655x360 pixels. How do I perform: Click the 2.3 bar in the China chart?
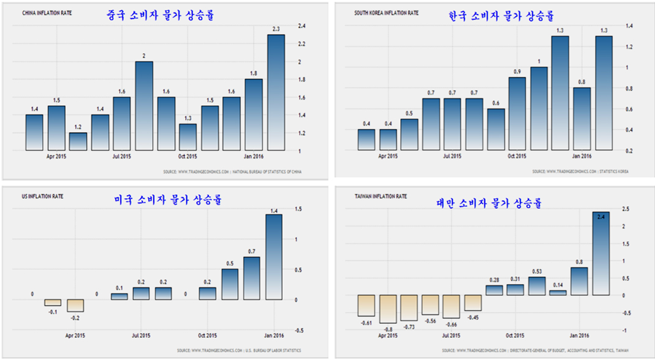click(x=276, y=92)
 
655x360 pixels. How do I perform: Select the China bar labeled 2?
click(x=144, y=105)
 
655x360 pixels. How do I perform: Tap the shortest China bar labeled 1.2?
click(x=78, y=141)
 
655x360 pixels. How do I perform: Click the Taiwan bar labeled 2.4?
click(x=601, y=253)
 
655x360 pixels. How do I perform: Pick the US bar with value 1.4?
click(x=273, y=257)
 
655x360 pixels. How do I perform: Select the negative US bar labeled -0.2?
click(x=75, y=306)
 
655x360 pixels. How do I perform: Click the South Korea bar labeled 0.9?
click(x=517, y=113)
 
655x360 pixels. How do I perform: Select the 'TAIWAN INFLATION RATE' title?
click(x=381, y=196)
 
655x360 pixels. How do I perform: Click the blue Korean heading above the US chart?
click(x=168, y=200)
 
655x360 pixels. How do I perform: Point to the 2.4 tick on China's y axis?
click(x=302, y=26)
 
